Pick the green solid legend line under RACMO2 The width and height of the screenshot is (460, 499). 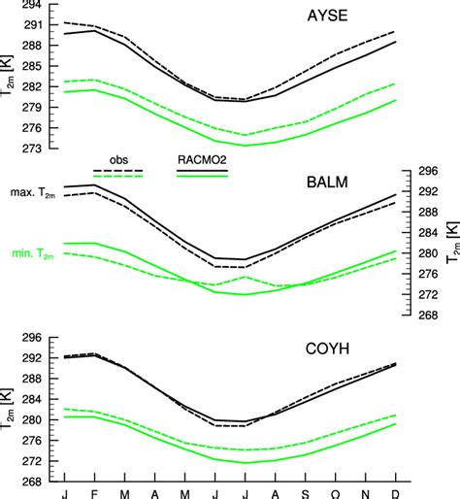click(202, 178)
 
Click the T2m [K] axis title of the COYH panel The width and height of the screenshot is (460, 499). click(13, 410)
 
